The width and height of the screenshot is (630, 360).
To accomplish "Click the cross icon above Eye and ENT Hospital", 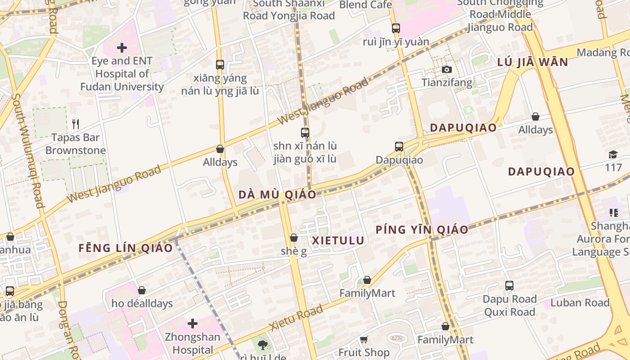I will [121, 48].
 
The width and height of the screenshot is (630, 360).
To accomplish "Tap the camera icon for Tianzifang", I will [446, 69].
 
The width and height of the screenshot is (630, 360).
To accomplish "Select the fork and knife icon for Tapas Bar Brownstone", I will [76, 124].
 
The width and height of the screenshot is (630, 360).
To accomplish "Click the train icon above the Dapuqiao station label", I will [399, 147].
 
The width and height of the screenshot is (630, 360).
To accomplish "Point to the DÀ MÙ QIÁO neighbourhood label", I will [277, 195].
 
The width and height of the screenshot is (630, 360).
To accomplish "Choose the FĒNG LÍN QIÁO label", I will [126, 248].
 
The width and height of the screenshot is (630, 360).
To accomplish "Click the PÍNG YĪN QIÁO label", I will [422, 229].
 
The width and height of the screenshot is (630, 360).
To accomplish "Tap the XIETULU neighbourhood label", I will [337, 240].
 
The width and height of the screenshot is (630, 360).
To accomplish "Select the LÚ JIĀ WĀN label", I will [532, 62].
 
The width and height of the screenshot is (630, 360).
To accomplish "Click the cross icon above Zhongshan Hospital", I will [193, 324].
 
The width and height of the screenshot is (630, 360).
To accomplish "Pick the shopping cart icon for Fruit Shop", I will [364, 339].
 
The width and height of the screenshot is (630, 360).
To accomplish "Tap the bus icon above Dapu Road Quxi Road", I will [509, 286].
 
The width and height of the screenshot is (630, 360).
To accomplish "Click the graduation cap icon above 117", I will [613, 155].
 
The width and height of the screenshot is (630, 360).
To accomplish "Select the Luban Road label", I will [580, 302].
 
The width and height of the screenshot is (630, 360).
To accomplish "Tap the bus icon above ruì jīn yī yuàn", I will [396, 28].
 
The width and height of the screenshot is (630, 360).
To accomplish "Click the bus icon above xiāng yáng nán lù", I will [220, 65].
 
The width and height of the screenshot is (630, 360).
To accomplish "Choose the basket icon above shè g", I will [293, 238].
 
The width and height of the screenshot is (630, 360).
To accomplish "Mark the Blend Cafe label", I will [365, 5].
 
